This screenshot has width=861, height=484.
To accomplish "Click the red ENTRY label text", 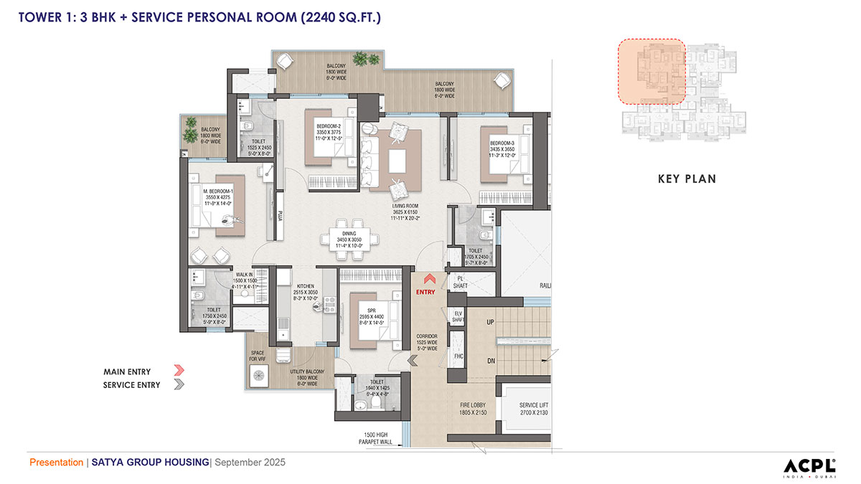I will (425, 292).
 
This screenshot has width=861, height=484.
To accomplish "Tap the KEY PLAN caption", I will (687, 179).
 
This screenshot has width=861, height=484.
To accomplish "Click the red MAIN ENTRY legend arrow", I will (179, 371).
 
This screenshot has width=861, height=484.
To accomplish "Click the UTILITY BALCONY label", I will (308, 374).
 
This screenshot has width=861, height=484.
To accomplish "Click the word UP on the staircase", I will (491, 322).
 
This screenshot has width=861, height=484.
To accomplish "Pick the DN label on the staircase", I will (491, 361).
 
